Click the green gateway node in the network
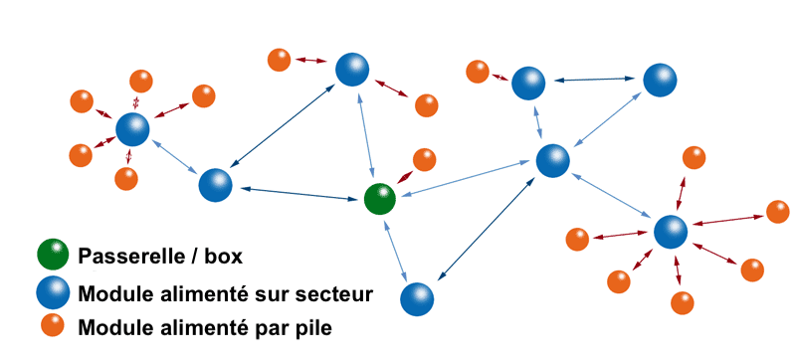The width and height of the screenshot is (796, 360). [379, 199]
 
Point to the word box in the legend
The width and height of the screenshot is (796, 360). [223, 258]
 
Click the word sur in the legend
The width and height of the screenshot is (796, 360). [271, 293]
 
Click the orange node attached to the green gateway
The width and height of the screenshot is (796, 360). [424, 159]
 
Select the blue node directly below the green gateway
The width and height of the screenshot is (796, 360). [418, 298]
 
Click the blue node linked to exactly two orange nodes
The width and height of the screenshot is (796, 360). [351, 69]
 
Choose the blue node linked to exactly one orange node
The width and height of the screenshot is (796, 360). [529, 84]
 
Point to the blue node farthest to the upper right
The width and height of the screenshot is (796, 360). [659, 81]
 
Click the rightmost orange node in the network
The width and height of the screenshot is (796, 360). [778, 211]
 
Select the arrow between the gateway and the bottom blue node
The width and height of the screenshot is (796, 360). [399, 249]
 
